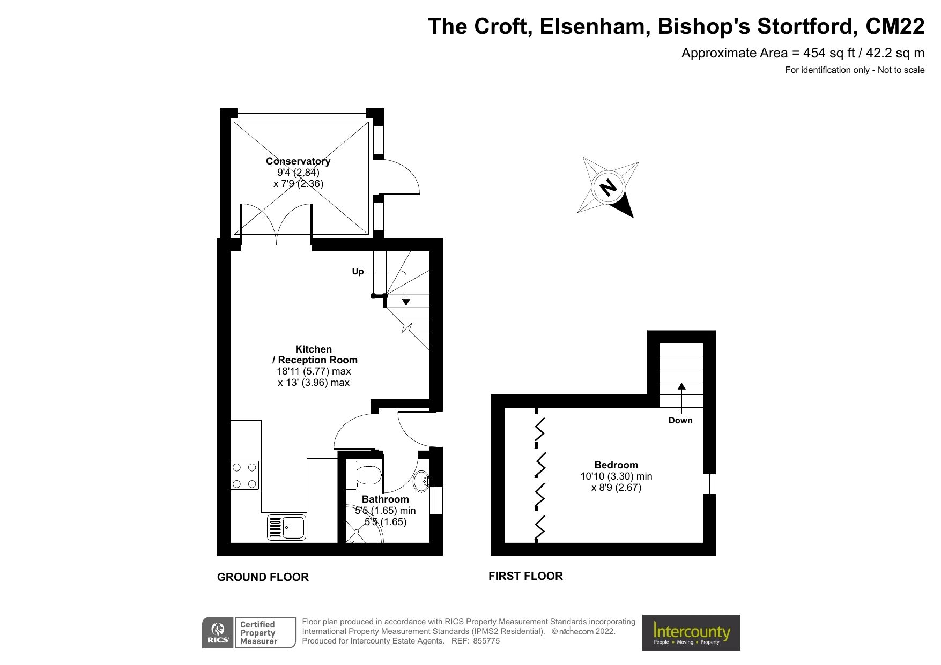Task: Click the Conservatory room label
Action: tap(298, 161)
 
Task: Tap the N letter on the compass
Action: tap(608, 188)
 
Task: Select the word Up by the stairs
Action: tap(358, 272)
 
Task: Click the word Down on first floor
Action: tap(680, 420)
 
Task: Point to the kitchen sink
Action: tap(287, 527)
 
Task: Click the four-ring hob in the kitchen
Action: tap(244, 475)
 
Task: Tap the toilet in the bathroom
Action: tap(364, 475)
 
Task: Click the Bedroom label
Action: tap(616, 465)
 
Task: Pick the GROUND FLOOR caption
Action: tap(263, 577)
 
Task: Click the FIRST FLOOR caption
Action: tap(525, 576)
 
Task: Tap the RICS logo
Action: tap(218, 632)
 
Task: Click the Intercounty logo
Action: tap(691, 632)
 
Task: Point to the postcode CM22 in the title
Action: tap(895, 26)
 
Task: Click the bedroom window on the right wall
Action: tap(709, 484)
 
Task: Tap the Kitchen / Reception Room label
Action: tap(314, 355)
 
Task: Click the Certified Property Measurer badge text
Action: tap(258, 633)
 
